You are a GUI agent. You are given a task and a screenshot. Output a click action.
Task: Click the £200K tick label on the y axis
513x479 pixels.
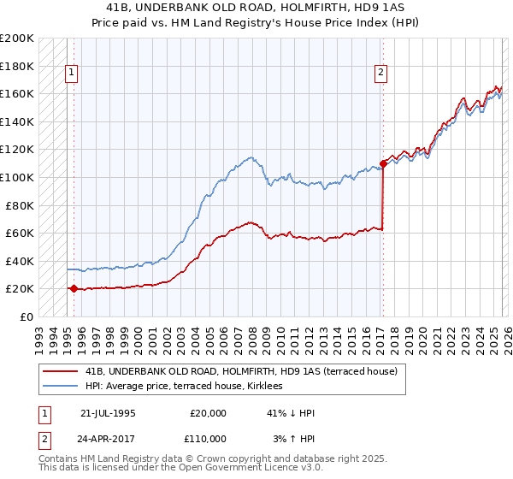click(17, 38)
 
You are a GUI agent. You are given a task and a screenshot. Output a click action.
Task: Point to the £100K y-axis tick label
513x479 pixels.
click(17, 177)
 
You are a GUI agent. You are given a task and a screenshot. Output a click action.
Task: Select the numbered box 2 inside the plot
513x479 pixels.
click(380, 74)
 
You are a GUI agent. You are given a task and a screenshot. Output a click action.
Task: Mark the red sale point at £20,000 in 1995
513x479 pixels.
click(74, 289)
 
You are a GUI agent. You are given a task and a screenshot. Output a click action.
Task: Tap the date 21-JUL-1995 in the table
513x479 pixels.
click(108, 413)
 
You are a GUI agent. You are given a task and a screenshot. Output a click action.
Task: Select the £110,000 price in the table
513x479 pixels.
click(208, 438)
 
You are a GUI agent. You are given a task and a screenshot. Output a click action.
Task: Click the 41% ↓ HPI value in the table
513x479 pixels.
click(291, 413)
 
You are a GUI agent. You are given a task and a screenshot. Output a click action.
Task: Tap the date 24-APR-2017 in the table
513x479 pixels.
click(109, 438)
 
